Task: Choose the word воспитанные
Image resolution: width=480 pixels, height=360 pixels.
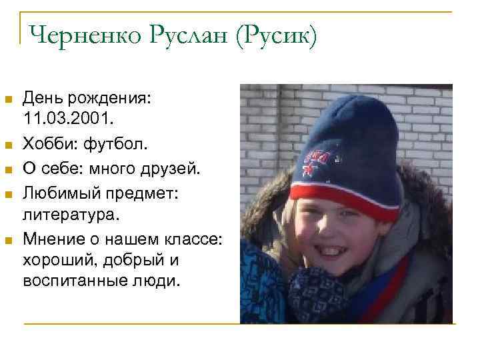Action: [74, 280]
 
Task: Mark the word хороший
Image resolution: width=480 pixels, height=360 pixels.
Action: [56, 259]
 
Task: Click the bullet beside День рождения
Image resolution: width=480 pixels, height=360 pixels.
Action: [9, 100]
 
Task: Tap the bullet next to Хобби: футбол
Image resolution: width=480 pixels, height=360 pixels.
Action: [9, 143]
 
